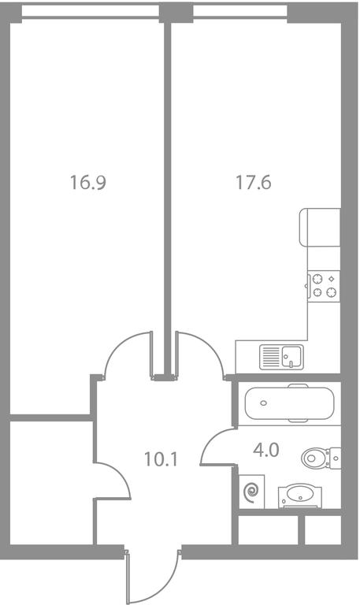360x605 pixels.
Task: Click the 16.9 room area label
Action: point(88,182)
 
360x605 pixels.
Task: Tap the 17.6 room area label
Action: point(254,182)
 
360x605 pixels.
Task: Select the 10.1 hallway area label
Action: point(161,459)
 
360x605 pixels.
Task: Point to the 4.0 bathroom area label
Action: point(266,450)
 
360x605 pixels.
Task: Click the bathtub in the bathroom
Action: point(289,403)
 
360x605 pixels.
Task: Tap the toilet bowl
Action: point(314,458)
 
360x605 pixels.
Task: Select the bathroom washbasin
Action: point(300,496)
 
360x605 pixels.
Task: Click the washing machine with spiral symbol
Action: point(251,492)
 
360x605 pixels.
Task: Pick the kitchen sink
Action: point(281,357)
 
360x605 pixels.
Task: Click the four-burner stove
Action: point(324,286)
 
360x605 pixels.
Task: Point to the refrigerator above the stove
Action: point(321,227)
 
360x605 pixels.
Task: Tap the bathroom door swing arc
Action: point(210,440)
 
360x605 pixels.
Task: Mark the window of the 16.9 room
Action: point(91,11)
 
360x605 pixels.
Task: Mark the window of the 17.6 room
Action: point(240,11)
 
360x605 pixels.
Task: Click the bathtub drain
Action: point(264,403)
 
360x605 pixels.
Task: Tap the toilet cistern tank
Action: point(334,458)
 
